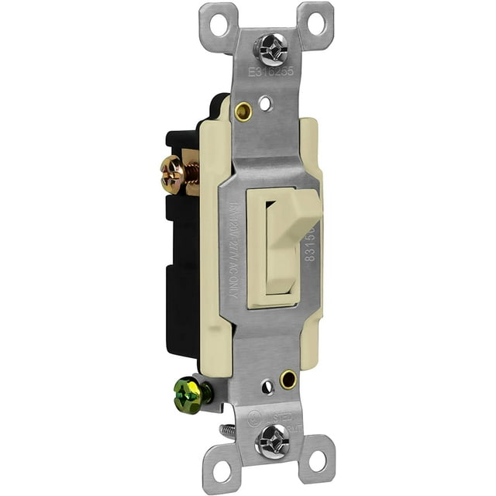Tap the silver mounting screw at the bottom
274,439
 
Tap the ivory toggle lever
291,225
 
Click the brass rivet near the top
243,112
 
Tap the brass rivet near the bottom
288,380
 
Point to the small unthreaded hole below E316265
265,101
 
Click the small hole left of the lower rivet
266,384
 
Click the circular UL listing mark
253,418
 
